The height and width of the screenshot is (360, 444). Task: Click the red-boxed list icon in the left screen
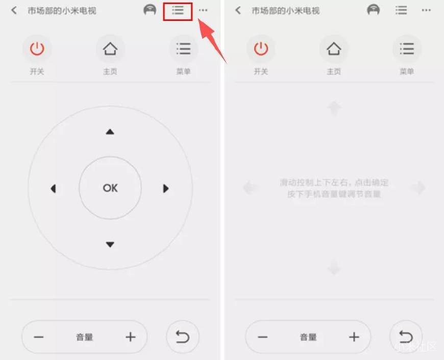pos(178,11)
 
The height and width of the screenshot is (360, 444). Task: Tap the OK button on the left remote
pos(110,188)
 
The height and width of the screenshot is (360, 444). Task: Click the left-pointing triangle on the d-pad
pos(53,189)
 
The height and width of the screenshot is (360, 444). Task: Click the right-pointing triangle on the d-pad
pos(165,189)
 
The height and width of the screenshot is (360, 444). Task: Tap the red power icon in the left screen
pos(37,49)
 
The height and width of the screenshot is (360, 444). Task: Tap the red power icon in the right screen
pos(261,49)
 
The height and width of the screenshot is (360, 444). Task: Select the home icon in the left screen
pos(110,49)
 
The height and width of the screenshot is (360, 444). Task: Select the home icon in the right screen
pos(334,49)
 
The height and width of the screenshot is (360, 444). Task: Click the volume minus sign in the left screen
pos(39,337)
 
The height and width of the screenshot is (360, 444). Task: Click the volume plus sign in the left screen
pos(131,337)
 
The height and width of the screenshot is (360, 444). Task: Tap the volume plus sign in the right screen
pos(354,337)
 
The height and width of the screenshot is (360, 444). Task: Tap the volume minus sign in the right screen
pos(263,337)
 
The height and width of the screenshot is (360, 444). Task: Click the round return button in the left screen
pos(183,337)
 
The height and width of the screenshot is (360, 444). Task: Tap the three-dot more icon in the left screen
pos(203,11)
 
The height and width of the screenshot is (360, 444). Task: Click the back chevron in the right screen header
pos(238,11)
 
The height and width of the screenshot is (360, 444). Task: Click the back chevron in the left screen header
pos(14,11)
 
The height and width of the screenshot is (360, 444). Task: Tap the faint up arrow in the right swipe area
pos(334,108)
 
